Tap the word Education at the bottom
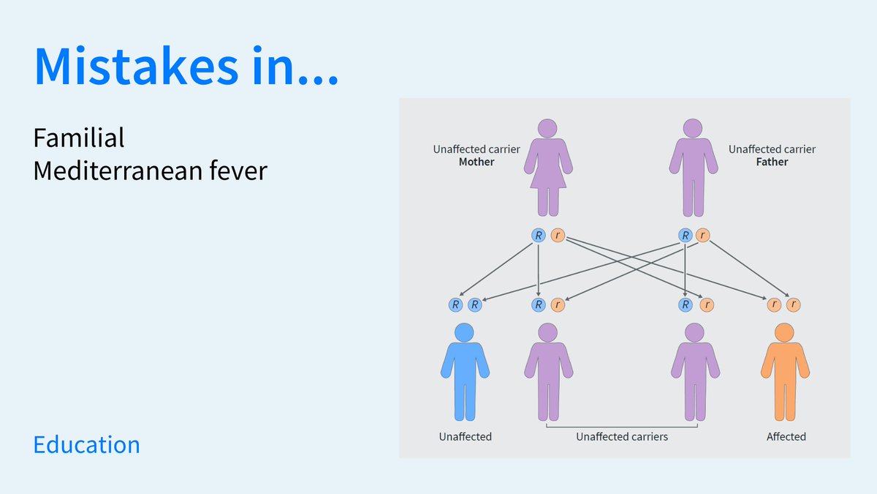point(86,445)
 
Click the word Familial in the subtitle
point(79,138)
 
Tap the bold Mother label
point(477,162)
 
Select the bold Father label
point(772,162)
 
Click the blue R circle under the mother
point(539,236)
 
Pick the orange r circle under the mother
point(558,236)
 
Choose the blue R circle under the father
point(685,236)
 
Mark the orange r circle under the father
point(702,236)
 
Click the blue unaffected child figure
point(465,377)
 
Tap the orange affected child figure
point(785,377)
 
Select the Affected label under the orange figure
point(786,437)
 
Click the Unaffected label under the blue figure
point(465,437)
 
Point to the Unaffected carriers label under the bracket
point(622,437)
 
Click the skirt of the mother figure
point(548,176)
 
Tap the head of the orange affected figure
point(785,332)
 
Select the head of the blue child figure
point(465,332)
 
